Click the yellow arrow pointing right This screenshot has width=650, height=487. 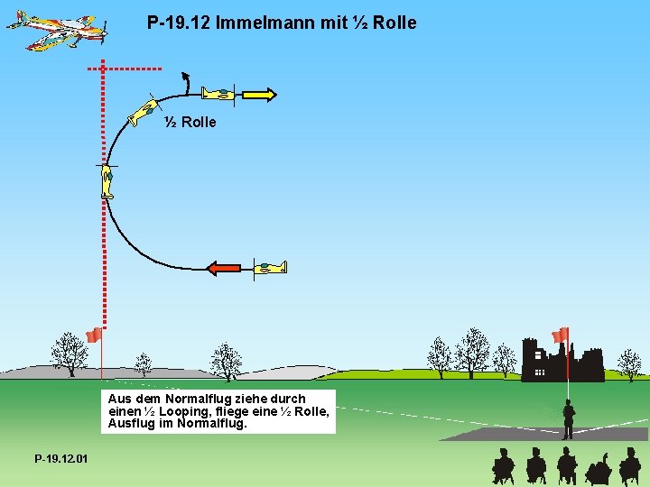[258, 93]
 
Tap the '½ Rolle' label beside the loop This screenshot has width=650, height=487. [190, 122]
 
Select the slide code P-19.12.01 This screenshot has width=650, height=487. [61, 459]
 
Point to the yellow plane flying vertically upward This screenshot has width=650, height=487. [107, 181]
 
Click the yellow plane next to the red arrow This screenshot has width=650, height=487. [270, 267]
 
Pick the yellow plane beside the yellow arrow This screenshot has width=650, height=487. [218, 93]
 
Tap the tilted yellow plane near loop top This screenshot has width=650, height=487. [143, 112]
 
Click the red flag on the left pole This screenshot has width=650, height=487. [93, 335]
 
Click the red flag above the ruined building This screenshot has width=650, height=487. [561, 335]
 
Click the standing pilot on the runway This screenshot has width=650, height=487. [568, 419]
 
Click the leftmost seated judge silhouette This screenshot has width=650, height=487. [502, 467]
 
